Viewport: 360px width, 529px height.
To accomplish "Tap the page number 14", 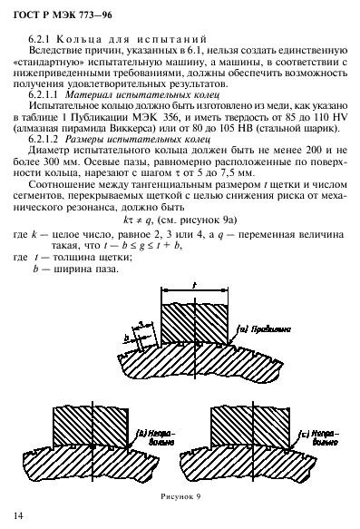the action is (18, 514).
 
